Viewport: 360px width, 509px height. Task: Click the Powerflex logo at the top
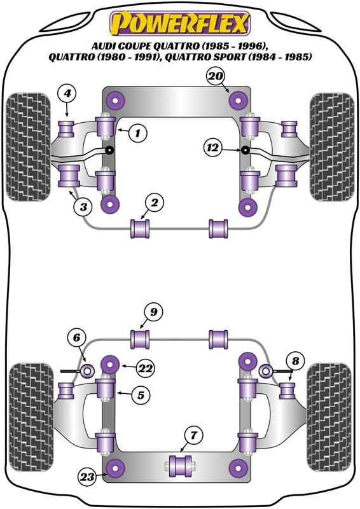[180, 23]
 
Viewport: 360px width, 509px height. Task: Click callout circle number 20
[216, 76]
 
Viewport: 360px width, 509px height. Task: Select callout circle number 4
[67, 94]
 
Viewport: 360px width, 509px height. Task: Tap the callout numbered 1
[137, 133]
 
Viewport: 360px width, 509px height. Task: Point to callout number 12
[213, 148]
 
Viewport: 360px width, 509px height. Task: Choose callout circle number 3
[83, 206]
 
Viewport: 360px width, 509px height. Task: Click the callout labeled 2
[154, 203]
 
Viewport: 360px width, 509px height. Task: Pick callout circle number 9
[153, 312]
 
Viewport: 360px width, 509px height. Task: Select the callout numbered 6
[76, 338]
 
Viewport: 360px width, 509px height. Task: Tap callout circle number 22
[145, 368]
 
